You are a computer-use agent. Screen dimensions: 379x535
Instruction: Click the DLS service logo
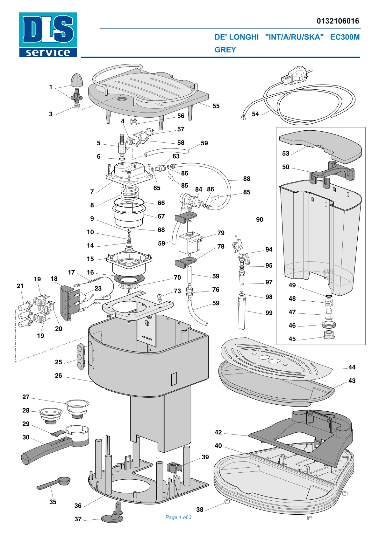tap(48, 35)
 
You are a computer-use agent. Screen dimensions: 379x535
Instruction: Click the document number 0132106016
tap(338, 21)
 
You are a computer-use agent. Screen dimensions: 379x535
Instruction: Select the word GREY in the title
tap(225, 50)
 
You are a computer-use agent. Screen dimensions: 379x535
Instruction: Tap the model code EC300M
tap(345, 37)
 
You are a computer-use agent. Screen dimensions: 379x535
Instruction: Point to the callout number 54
tap(255, 114)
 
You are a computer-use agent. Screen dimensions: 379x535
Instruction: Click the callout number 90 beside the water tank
tap(260, 219)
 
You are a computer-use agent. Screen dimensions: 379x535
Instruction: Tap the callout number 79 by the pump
tap(221, 233)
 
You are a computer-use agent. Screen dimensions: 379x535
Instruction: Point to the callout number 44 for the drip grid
tap(352, 367)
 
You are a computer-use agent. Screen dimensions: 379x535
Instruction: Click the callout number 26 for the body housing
tap(59, 375)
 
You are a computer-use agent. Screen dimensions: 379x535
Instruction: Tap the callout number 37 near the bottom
tap(78, 519)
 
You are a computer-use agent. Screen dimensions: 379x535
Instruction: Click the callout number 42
tap(218, 432)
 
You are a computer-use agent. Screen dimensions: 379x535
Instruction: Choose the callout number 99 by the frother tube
tap(269, 313)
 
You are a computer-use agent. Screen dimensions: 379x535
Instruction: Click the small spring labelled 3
tap(76, 106)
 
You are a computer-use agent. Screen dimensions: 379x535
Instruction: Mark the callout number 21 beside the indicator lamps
tap(20, 286)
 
